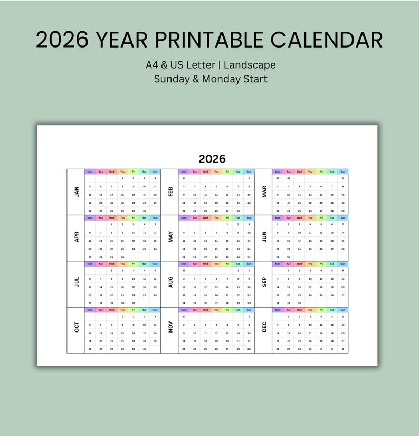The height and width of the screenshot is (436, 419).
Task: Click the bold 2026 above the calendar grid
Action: (212, 158)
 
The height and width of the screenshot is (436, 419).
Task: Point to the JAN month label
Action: (77, 192)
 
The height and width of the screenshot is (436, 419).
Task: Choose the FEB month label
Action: (170, 192)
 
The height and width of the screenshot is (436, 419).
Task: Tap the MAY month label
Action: (170, 238)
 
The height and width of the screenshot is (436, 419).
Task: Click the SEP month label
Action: (264, 283)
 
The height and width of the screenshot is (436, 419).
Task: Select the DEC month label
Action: (264, 327)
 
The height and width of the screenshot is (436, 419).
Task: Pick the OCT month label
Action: (77, 327)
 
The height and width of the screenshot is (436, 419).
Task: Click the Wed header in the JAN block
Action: (111, 172)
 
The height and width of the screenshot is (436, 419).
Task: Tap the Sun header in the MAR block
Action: (342, 172)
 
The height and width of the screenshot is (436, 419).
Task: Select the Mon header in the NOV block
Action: (183, 310)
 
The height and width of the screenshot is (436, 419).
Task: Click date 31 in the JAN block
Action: (144, 211)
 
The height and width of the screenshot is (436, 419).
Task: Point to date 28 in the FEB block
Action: (238, 211)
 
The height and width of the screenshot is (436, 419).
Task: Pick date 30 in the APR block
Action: (122, 257)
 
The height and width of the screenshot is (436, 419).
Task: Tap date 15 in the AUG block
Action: (238, 287)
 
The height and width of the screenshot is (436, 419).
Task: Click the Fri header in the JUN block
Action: (321, 217)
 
